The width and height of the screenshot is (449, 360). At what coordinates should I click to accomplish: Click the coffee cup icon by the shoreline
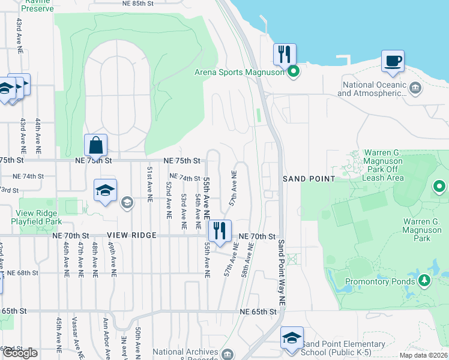click(x=393, y=61)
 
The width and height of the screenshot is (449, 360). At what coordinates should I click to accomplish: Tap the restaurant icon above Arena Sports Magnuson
click(x=284, y=55)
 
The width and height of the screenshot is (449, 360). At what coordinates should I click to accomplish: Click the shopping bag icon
click(x=96, y=145)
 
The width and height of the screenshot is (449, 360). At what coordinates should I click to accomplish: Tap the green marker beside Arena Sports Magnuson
click(x=294, y=73)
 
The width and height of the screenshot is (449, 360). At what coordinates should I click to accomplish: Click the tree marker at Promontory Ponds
click(x=424, y=281)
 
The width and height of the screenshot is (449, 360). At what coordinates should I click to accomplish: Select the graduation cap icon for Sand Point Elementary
click(x=292, y=338)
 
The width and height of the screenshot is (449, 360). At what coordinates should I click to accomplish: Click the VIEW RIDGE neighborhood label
click(x=131, y=236)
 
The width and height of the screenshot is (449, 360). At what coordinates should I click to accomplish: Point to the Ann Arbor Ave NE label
click(x=106, y=336)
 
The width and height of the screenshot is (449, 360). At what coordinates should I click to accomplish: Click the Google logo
click(x=20, y=352)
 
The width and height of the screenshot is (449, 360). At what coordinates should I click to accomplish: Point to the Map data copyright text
click(x=424, y=355)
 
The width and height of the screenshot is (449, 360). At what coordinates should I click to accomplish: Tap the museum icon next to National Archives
click(x=228, y=353)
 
